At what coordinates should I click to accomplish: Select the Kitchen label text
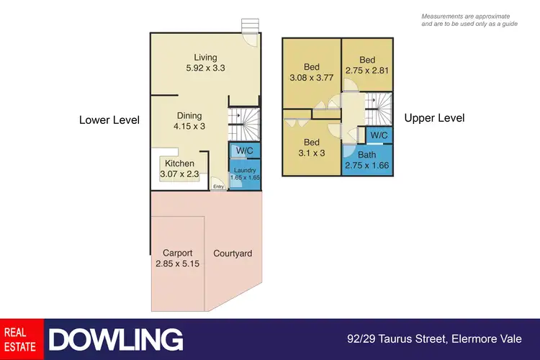(x=180, y=163)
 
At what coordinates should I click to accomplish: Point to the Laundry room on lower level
(x=245, y=175)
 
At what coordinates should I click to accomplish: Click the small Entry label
(x=218, y=187)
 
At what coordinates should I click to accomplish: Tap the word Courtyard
(x=233, y=253)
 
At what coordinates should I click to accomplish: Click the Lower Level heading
(x=109, y=120)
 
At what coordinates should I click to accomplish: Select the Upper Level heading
(x=434, y=118)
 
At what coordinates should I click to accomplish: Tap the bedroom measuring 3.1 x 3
(x=310, y=147)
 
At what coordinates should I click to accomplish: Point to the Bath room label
(x=366, y=160)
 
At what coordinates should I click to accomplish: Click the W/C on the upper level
(x=379, y=135)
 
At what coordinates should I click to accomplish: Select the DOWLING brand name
(x=115, y=339)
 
